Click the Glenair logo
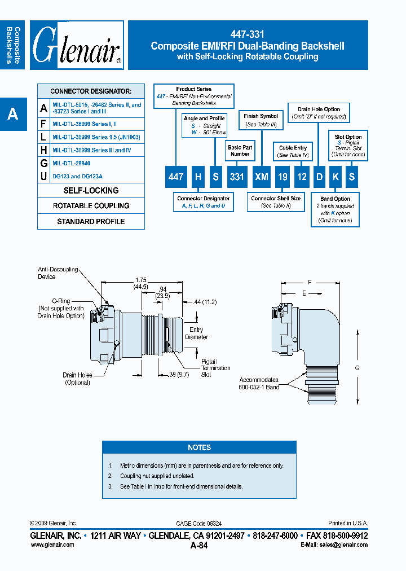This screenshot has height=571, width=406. coord(77,46)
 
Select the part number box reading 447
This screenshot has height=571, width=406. coord(176,177)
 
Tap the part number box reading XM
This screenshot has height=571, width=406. coord(261,177)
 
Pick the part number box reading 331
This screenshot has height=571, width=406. coord(237,177)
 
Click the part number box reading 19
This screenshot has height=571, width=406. coord(283,177)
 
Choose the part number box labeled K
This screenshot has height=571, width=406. coord(336,177)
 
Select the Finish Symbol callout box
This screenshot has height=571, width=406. coord(261,120)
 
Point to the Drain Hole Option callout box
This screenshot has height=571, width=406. coord(319,112)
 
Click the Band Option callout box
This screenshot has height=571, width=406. coord(335,210)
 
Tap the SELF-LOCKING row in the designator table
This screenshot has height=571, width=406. coord(91,191)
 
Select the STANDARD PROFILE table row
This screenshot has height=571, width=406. coord(91,222)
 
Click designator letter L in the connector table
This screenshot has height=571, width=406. coord(44,137)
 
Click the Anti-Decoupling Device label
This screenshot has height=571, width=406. coord(58,273)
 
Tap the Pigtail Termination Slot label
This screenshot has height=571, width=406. coord(216,368)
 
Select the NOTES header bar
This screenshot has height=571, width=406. coord(199,447)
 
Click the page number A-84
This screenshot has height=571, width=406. coord(199,545)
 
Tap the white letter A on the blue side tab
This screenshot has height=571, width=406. coord(12,115)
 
